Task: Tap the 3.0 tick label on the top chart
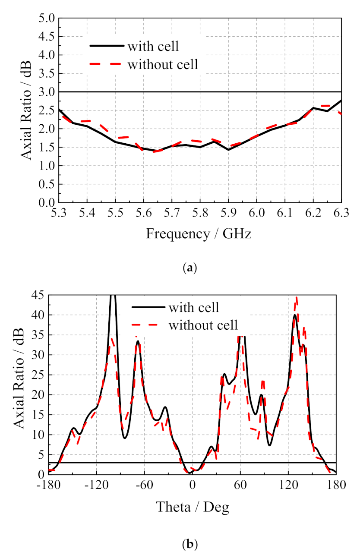pos(47,92)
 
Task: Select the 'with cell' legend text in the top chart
pos(154,46)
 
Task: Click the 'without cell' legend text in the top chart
pos(163,65)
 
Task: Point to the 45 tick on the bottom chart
pos(38,296)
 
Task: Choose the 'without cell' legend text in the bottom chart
pos(203,324)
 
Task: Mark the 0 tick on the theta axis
pos(192,485)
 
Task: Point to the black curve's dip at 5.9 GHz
pos(228,149)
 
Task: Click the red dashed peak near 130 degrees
pos(297,298)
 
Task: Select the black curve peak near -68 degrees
pos(138,341)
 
